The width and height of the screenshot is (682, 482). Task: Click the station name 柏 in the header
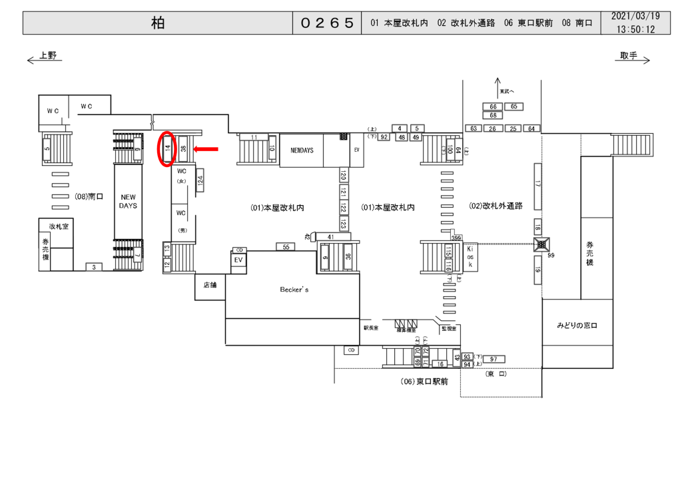[157, 23]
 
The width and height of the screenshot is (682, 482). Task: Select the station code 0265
[326, 23]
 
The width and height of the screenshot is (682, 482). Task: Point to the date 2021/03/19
[635, 17]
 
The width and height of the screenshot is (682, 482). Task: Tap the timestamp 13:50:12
[635, 30]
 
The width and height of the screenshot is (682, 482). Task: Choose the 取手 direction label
[628, 56]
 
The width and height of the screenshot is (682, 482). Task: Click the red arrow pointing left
[206, 150]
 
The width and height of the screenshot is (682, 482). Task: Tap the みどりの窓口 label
[577, 325]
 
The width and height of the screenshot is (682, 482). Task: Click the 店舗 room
[210, 285]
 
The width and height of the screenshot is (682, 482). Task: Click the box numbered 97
[494, 360]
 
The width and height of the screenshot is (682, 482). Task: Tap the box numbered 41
[330, 236]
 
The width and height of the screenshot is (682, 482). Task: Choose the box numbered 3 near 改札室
[94, 267]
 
